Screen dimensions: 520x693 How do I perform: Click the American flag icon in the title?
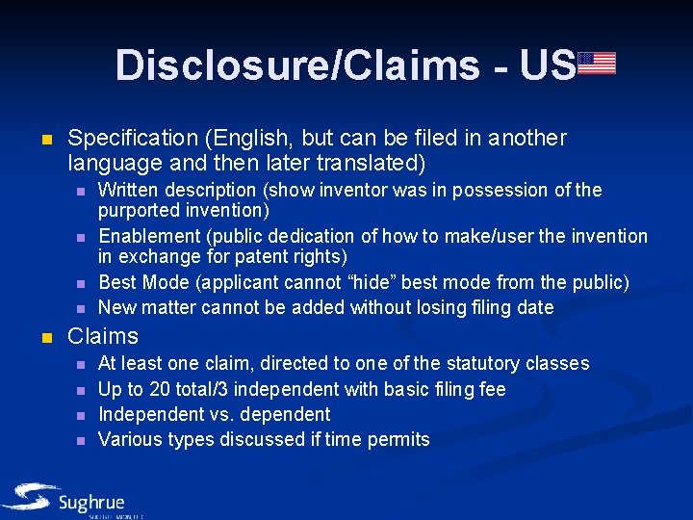coord(597,64)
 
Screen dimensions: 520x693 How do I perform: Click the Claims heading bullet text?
coord(103,336)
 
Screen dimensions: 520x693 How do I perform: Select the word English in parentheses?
coord(244,139)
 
